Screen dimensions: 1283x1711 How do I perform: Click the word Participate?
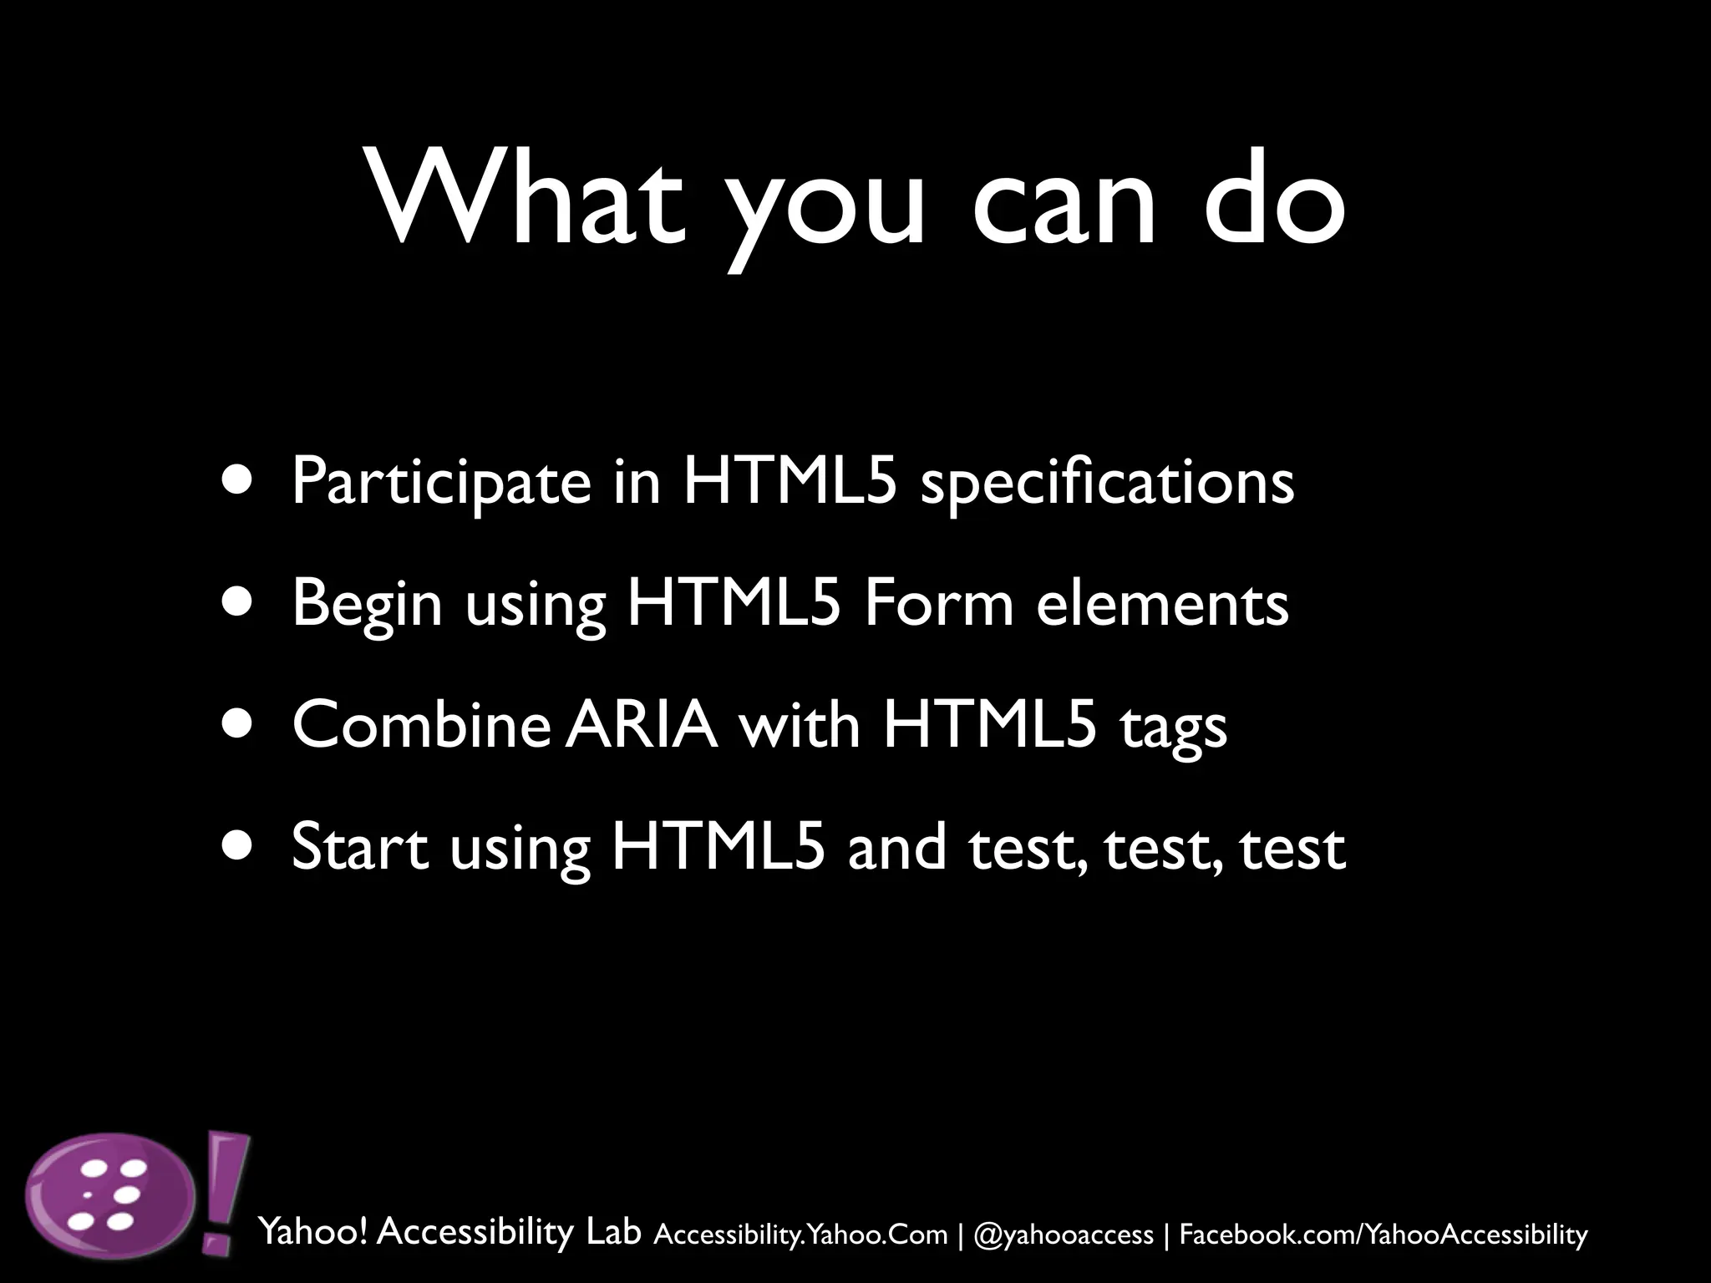click(441, 484)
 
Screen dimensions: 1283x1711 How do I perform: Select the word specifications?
click(1107, 484)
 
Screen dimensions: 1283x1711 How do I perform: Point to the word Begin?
click(367, 605)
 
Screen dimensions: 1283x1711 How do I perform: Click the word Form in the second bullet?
click(938, 603)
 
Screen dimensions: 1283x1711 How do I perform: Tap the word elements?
click(1162, 603)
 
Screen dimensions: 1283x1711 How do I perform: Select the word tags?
click(1173, 727)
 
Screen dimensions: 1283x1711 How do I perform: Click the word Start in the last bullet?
click(360, 846)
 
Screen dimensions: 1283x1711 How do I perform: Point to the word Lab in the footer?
click(613, 1231)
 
